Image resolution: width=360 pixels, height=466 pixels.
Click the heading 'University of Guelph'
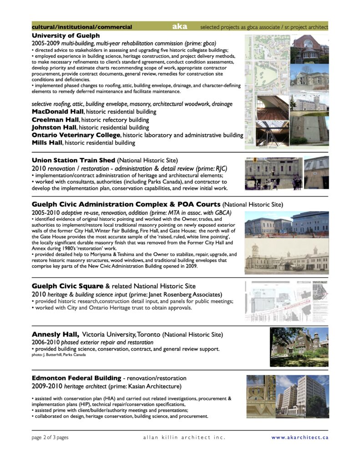66,35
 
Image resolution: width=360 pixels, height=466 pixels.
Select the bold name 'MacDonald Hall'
58,111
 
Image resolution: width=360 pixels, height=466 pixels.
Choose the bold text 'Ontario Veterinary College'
76,135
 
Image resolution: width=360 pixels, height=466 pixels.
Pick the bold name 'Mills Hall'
47,143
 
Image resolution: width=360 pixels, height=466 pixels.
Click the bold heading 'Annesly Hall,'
56,334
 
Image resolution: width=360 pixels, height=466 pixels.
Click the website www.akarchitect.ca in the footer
299,437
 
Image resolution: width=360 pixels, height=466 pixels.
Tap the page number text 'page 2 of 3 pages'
50,437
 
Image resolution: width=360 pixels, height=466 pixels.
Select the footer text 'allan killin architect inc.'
184,437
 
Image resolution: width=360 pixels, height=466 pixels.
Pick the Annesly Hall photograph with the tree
299,347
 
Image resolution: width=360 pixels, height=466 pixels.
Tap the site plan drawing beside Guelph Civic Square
286,301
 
